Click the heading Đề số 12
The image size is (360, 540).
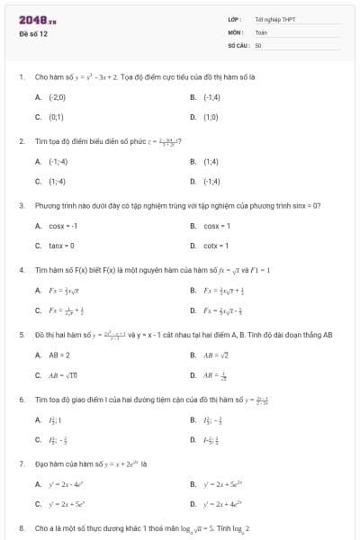point(34,33)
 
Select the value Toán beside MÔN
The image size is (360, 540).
point(261,31)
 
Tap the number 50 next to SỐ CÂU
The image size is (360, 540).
point(258,44)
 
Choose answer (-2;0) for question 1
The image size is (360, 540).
point(57,96)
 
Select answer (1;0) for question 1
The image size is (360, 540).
point(211,116)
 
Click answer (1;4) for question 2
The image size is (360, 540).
point(211,161)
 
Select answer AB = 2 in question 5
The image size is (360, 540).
point(59,355)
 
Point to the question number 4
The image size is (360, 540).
point(21,269)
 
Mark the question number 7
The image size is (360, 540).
point(21,463)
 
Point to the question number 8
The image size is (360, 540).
point(21,527)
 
